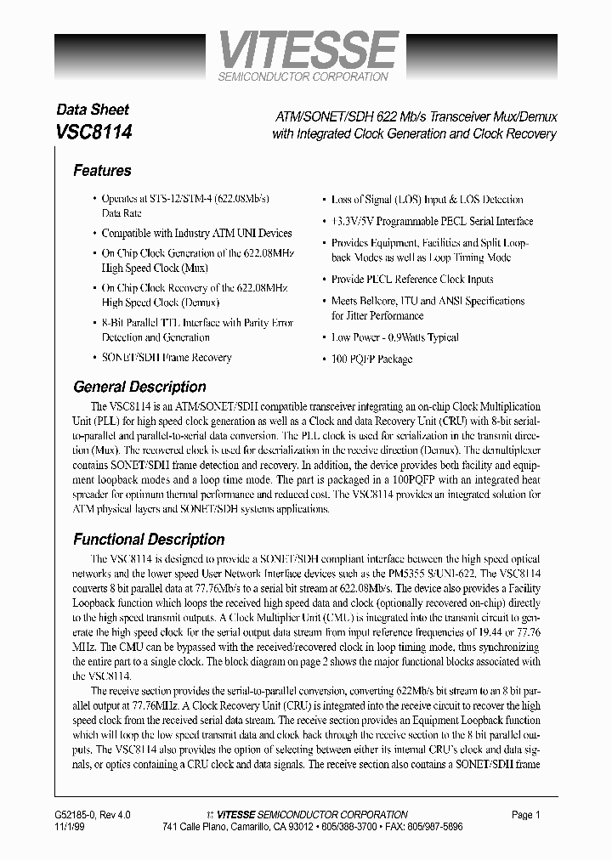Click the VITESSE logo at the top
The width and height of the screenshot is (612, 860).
click(x=307, y=49)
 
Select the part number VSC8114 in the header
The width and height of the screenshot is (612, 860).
click(x=93, y=133)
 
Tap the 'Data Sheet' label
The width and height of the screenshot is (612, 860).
click(x=92, y=110)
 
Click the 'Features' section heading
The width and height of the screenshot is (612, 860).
click(x=102, y=171)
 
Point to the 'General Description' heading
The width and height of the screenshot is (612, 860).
click(x=139, y=387)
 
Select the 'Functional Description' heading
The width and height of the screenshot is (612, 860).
click(x=149, y=540)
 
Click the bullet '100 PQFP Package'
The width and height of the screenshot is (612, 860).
click(x=371, y=359)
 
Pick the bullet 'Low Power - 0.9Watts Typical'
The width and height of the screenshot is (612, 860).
click(x=395, y=337)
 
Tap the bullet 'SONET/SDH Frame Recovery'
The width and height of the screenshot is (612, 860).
click(x=167, y=358)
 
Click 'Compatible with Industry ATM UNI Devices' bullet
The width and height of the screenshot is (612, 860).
click(x=196, y=233)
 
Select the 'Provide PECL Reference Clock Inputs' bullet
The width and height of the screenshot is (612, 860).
click(x=412, y=279)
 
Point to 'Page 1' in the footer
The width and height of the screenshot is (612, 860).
click(x=526, y=815)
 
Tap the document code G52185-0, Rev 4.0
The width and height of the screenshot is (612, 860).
click(x=93, y=815)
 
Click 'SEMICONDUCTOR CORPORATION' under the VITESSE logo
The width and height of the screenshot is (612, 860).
click(x=303, y=76)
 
